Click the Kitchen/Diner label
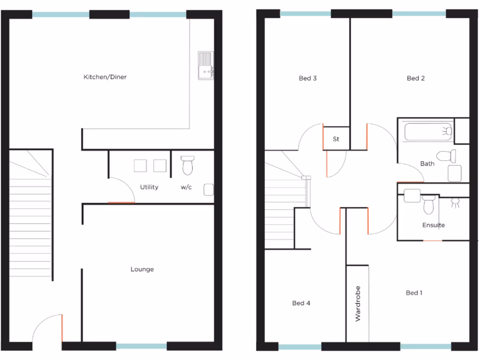[105, 77]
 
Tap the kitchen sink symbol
[205, 66]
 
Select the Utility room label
[149, 187]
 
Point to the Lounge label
[142, 270]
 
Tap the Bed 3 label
[308, 78]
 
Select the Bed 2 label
[416, 78]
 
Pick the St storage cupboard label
[336, 139]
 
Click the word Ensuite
[434, 225]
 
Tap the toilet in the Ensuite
[429, 205]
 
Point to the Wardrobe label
[358, 303]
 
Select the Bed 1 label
[414, 293]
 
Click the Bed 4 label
[301, 303]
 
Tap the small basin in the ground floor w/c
[209, 190]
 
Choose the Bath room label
[427, 164]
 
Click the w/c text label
[186, 187]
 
